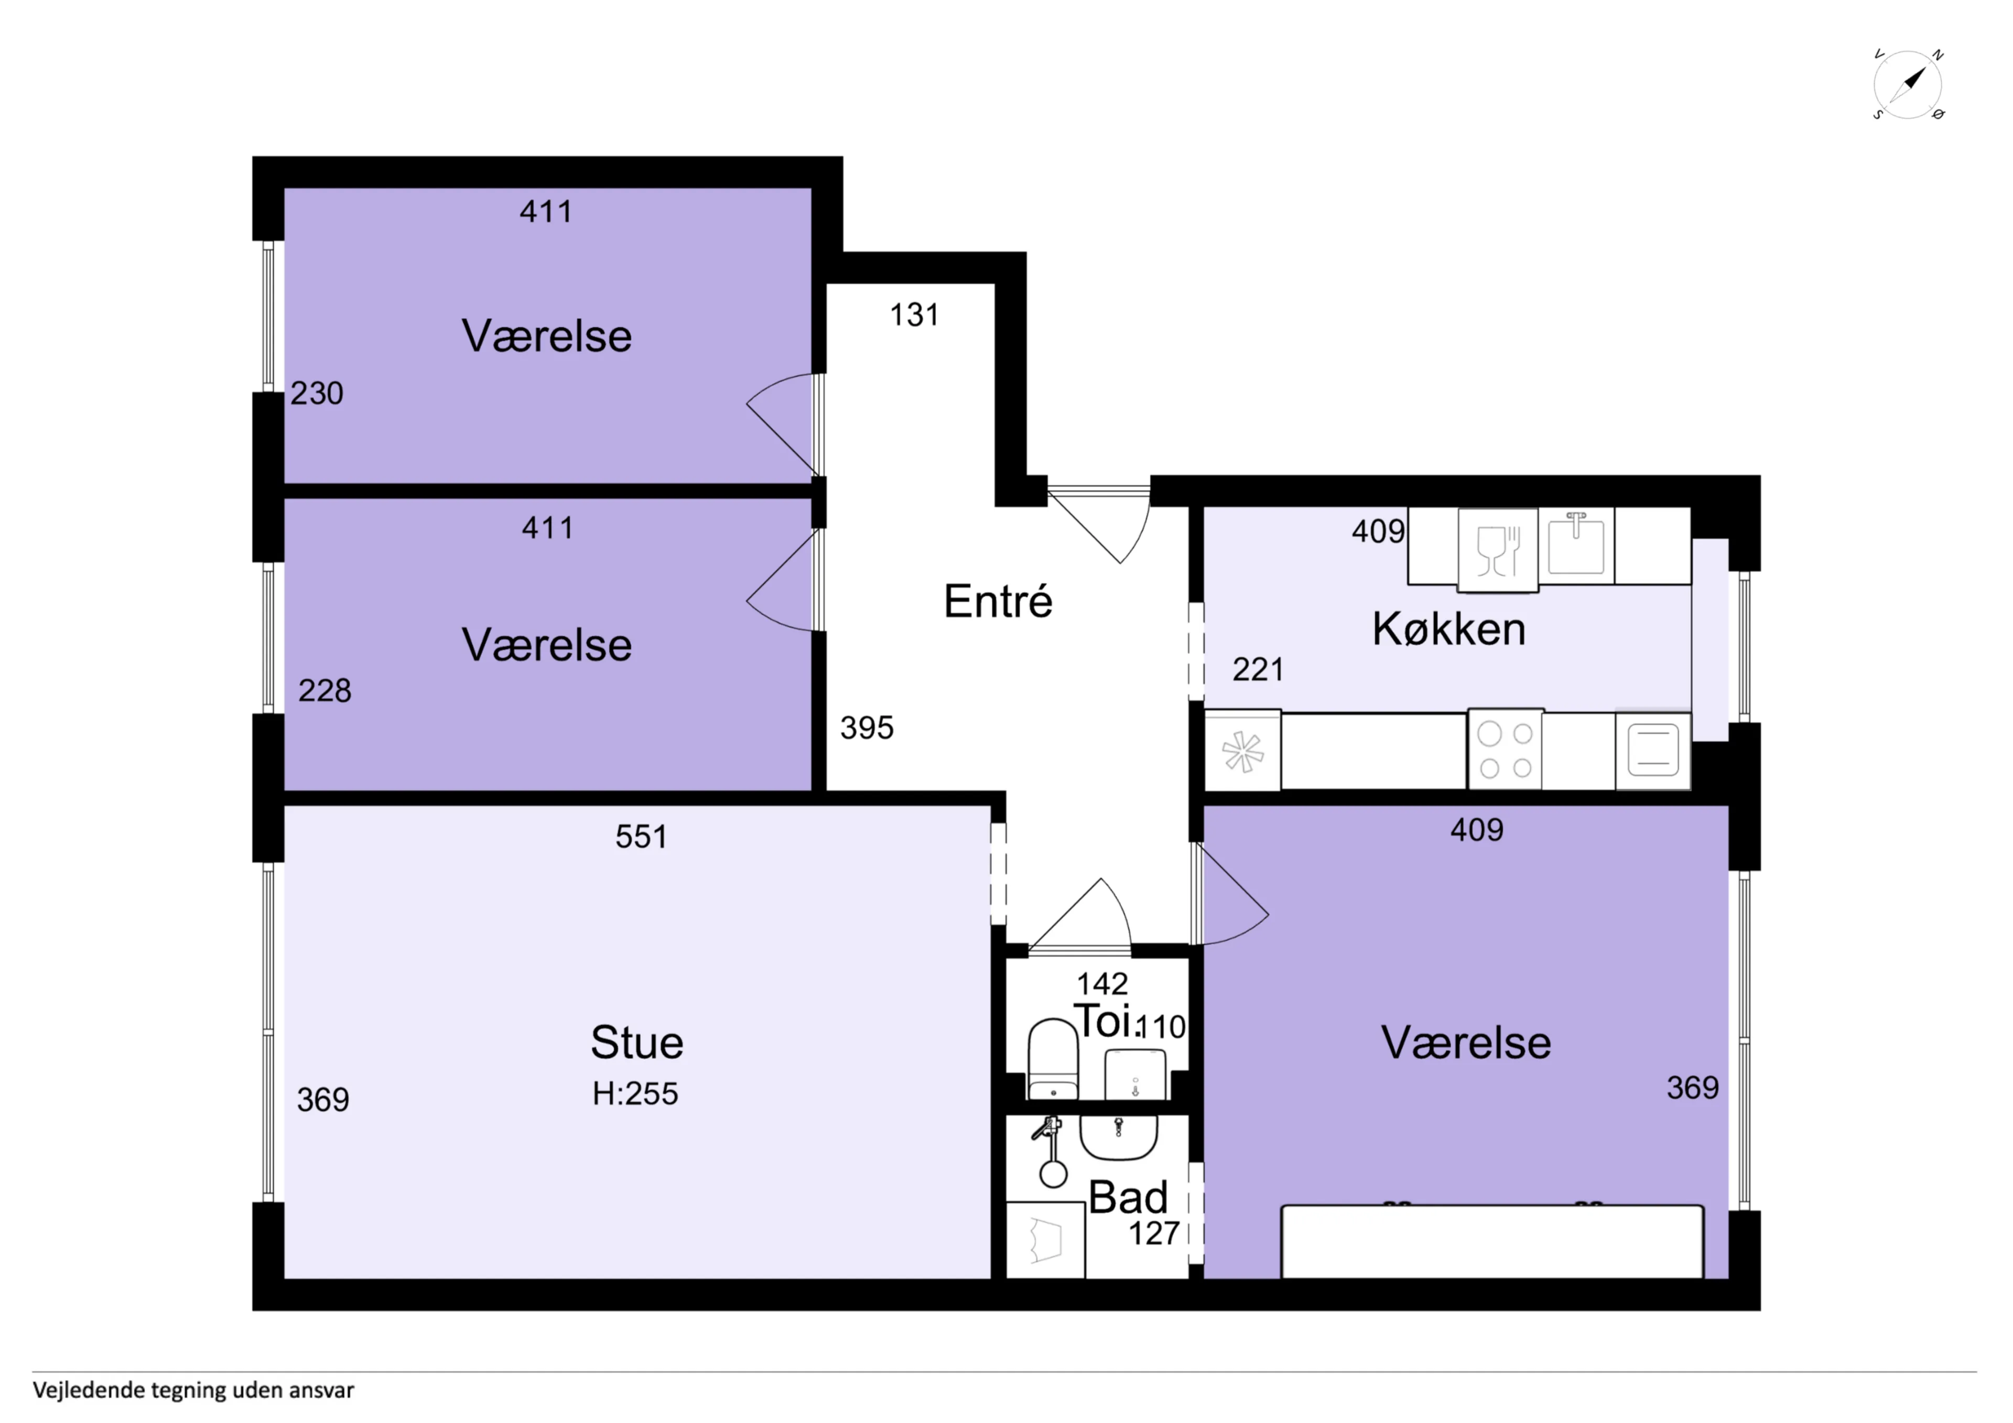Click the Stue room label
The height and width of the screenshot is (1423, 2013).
click(x=636, y=1042)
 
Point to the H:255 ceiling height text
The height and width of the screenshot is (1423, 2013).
click(x=635, y=1093)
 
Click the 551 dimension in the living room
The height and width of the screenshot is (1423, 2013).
click(x=641, y=837)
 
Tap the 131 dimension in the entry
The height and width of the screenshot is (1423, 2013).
click(x=914, y=315)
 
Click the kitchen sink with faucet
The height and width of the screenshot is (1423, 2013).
click(x=1576, y=545)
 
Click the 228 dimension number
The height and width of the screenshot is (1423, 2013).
click(x=324, y=691)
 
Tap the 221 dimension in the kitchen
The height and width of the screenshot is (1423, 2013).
click(x=1258, y=670)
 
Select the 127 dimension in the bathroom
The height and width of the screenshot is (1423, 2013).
click(x=1154, y=1234)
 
